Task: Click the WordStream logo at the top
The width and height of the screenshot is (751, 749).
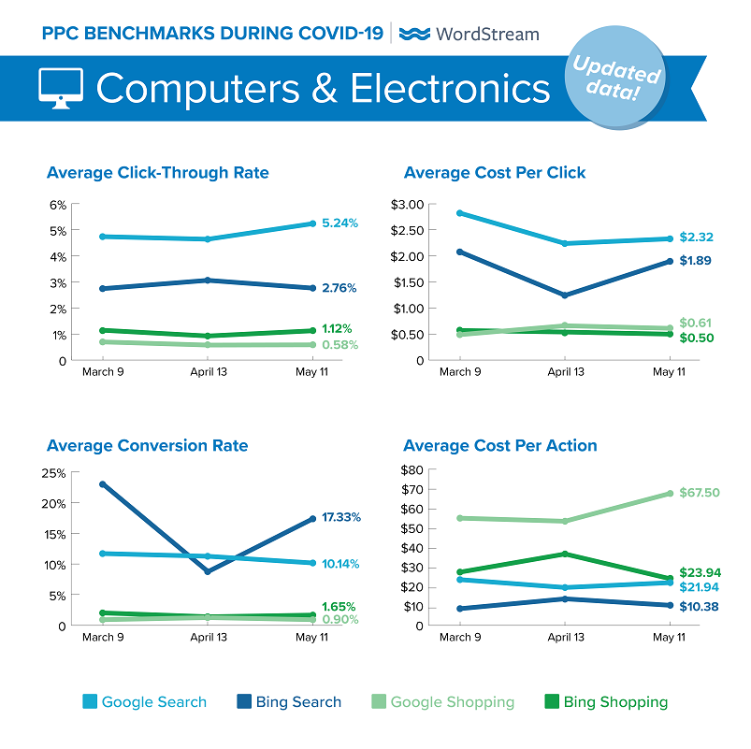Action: [x=469, y=34]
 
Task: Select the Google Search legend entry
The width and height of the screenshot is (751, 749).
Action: [x=144, y=701]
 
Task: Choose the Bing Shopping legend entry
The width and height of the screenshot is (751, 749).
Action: [x=605, y=701]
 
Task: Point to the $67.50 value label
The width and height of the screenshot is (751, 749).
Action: [x=700, y=493]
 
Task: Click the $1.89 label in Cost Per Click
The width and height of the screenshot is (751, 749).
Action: [x=696, y=261]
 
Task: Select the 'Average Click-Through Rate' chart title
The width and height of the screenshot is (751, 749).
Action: [x=158, y=173]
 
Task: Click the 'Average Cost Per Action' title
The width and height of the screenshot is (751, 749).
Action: [x=500, y=445]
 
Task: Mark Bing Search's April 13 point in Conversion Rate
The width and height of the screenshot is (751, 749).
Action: [x=207, y=571]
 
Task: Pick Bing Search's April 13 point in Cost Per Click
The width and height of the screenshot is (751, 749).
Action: [x=564, y=295]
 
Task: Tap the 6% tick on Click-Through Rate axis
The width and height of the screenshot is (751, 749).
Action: [x=57, y=205]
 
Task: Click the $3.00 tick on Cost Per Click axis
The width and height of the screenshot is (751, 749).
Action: [x=408, y=204]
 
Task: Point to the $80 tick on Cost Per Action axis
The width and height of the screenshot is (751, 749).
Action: [x=413, y=469]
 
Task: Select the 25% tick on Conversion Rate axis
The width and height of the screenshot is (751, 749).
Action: [x=53, y=472]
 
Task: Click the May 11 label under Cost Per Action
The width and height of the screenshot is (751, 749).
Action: [x=669, y=637]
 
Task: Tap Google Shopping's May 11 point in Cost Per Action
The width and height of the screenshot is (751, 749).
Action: [x=669, y=494]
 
